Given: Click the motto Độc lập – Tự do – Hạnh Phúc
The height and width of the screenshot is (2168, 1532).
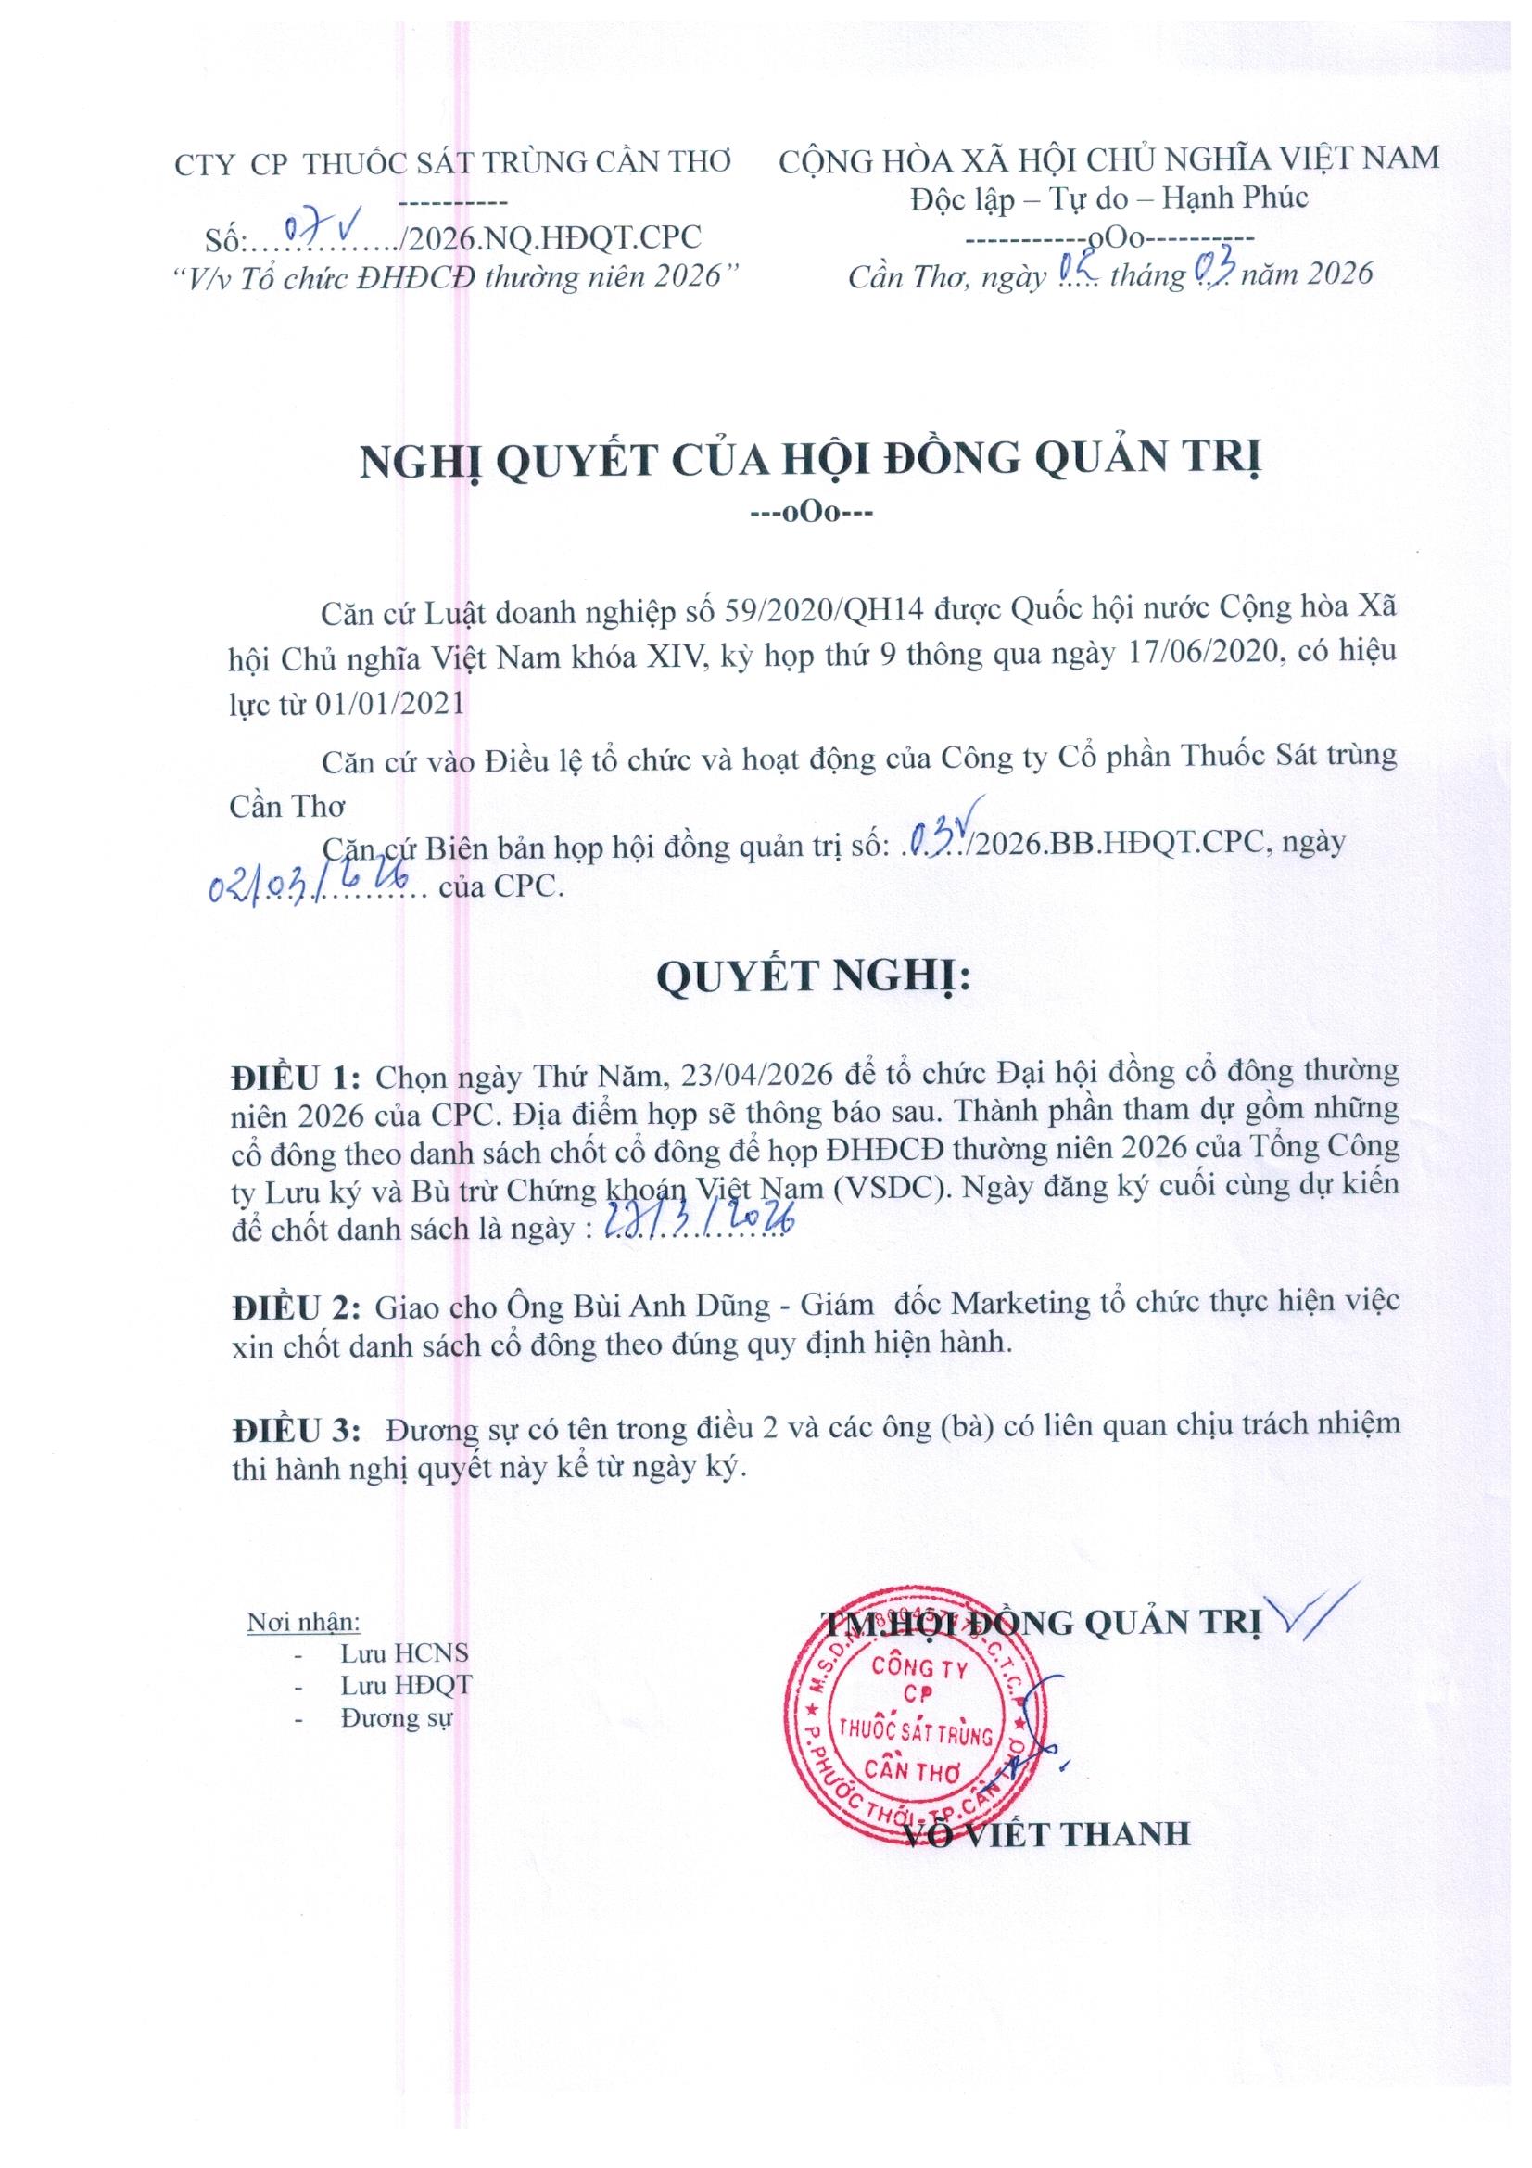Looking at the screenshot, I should (x=1109, y=198).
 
